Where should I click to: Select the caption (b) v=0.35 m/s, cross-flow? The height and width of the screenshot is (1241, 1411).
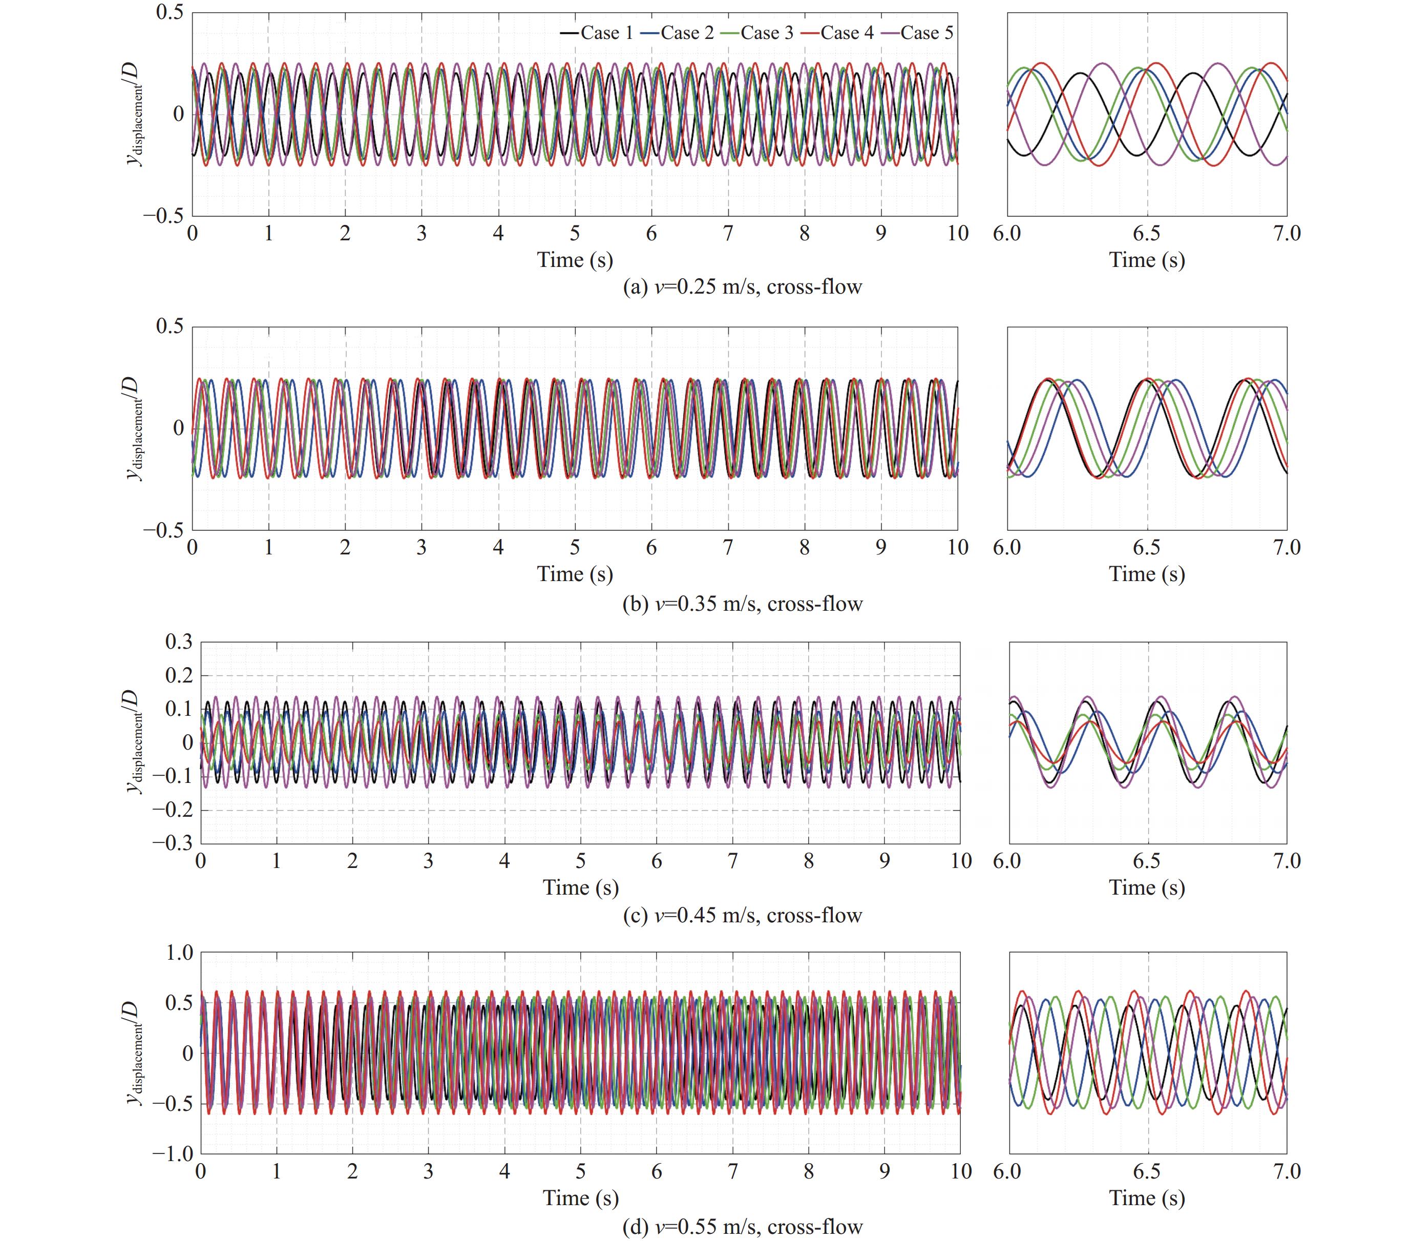click(742, 604)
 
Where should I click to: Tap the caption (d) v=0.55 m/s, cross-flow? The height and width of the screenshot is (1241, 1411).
click(742, 1227)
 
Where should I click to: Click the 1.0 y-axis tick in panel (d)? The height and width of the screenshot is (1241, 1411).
click(179, 953)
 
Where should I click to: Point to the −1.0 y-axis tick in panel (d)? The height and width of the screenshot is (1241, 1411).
click(173, 1154)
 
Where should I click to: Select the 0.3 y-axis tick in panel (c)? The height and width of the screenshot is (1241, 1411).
click(179, 642)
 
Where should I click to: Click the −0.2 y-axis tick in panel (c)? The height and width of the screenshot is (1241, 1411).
click(173, 810)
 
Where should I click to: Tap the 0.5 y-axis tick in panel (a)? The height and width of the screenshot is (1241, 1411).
click(170, 13)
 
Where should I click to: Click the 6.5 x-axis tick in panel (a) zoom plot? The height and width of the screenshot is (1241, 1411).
click(1147, 234)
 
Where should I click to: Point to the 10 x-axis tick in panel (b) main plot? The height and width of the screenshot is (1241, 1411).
click(957, 548)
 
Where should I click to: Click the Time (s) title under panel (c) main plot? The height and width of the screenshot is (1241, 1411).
click(581, 887)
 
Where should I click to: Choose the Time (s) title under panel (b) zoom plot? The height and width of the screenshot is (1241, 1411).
click(1147, 574)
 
